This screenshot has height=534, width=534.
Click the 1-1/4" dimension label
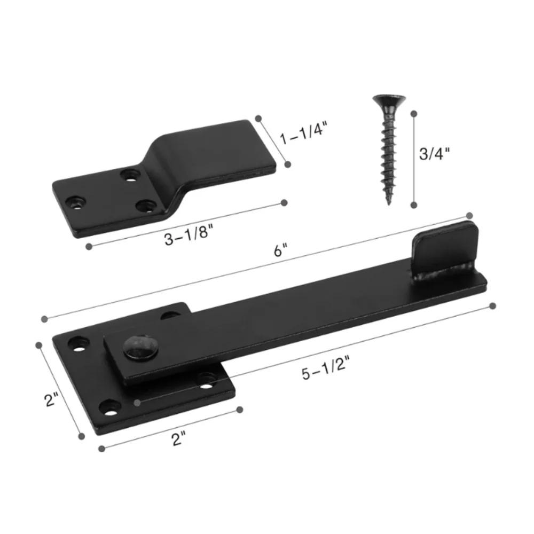(305, 132)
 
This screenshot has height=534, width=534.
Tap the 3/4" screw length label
(434, 154)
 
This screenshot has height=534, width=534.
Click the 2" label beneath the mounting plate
(178, 439)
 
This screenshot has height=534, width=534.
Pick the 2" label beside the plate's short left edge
(51, 399)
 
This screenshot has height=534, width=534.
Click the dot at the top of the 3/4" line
(413, 113)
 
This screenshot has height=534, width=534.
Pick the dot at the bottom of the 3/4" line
(413, 205)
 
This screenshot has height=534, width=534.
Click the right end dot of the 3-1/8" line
(284, 202)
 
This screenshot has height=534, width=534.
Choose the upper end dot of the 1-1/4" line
(258, 118)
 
